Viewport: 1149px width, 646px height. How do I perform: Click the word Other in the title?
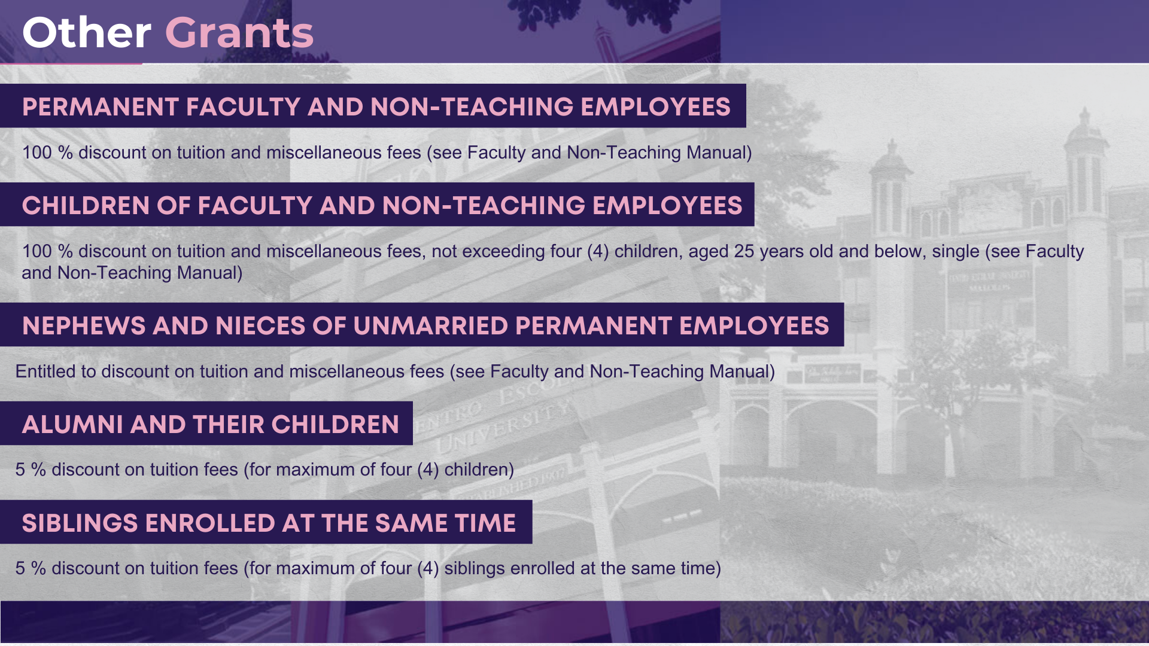(87, 33)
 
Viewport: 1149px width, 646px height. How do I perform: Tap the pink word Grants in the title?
(239, 33)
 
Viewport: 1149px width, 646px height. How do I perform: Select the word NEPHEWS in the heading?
(84, 326)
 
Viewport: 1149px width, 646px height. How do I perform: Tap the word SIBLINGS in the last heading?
(80, 523)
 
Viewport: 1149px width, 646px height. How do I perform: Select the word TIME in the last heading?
(485, 523)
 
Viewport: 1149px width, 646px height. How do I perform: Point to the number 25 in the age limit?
(744, 251)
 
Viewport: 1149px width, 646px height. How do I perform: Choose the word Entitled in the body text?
(45, 371)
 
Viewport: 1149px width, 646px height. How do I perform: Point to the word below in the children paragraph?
(900, 251)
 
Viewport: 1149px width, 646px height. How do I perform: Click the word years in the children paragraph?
(781, 252)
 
